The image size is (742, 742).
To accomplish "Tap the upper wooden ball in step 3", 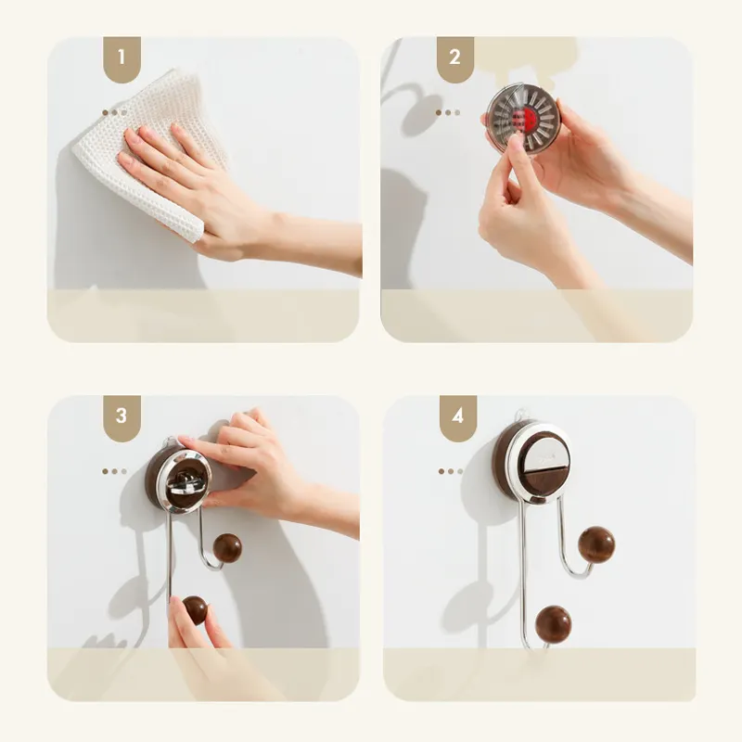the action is [227, 547].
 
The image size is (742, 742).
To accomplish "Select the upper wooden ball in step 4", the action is [596, 544].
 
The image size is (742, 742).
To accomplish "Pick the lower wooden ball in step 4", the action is [553, 623].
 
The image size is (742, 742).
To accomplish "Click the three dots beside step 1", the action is [114, 112].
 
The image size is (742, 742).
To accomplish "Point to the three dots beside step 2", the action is [448, 112].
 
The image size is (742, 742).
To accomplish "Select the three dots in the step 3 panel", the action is [114, 471].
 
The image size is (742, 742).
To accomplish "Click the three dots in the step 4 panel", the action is [451, 471].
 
